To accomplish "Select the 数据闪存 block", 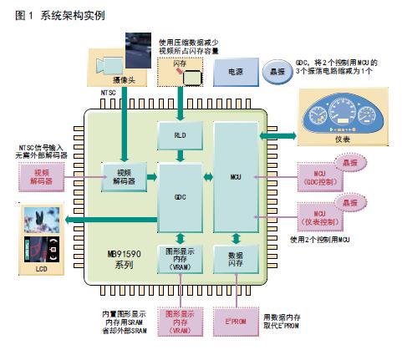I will (x=233, y=261).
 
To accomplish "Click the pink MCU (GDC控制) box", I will (x=317, y=177).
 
